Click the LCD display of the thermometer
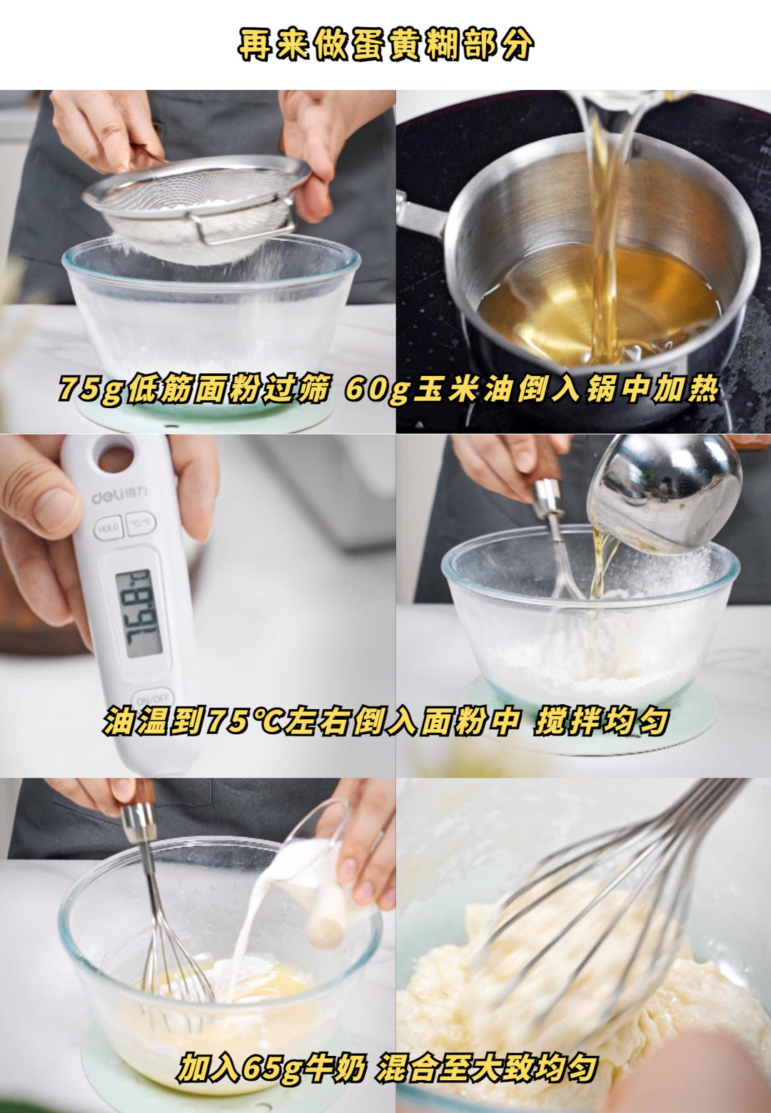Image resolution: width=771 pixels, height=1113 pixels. (138, 613)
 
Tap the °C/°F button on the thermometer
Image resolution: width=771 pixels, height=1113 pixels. (140, 524)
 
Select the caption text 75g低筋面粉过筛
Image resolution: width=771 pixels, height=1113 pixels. (194, 390)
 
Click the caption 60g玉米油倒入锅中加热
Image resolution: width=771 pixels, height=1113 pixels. (532, 390)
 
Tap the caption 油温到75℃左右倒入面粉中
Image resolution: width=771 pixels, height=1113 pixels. (311, 721)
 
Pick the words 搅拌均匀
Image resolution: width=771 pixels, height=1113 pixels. (601, 721)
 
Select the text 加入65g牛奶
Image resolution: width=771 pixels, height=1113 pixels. (271, 1068)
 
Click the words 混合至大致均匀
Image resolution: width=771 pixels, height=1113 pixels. (487, 1068)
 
